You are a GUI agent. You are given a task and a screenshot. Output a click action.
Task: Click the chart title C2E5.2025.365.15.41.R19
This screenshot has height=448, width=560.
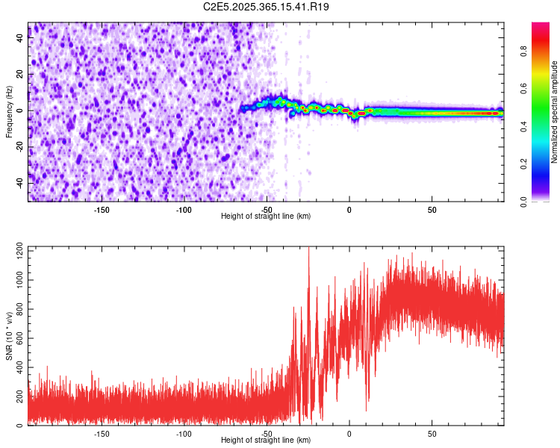coord(267,7)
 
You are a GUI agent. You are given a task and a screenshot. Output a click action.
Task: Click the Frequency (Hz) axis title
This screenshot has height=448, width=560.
coord(8,112)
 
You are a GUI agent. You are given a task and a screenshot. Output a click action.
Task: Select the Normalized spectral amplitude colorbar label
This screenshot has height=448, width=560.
coord(555,112)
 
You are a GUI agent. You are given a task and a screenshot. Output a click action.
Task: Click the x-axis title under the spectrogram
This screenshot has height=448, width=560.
coord(266,216)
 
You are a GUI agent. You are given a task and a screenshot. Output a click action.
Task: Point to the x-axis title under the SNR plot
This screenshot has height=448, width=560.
coord(266,440)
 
